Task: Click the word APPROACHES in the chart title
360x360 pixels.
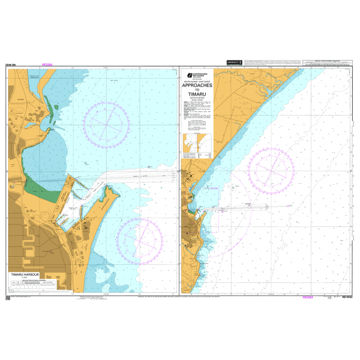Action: (x=196, y=85)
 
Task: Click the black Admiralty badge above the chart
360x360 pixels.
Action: (x=234, y=62)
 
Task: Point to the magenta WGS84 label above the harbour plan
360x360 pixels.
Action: (x=46, y=65)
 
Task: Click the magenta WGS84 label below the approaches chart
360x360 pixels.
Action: (x=308, y=297)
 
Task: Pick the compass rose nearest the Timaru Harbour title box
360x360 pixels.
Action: (x=140, y=240)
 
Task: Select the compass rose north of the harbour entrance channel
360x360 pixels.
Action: (x=108, y=123)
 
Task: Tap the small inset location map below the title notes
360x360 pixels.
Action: (x=198, y=146)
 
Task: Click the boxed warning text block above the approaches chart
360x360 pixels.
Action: (x=327, y=63)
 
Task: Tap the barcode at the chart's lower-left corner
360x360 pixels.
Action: (x=8, y=297)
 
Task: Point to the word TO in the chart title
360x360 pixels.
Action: (x=196, y=90)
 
